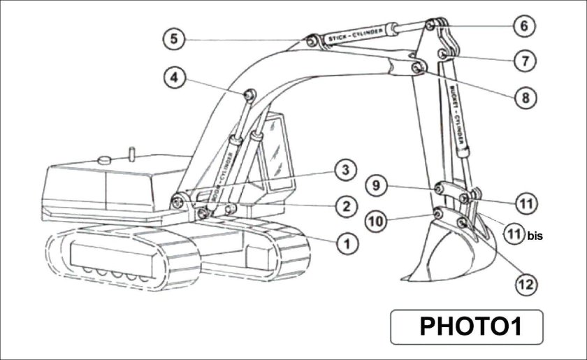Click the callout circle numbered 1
[346, 243]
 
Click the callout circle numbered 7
[523, 61]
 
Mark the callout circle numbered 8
[524, 97]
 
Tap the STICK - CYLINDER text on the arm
[359, 35]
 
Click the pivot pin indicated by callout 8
[417, 67]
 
